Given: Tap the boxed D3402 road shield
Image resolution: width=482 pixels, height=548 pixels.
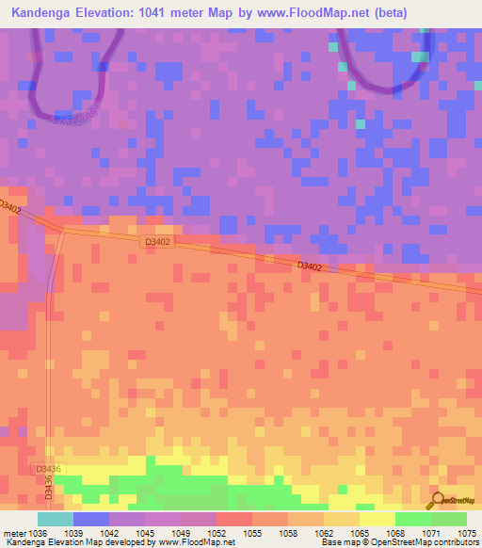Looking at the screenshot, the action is [x=156, y=242].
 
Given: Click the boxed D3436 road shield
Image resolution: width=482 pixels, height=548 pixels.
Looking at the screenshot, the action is [x=49, y=469].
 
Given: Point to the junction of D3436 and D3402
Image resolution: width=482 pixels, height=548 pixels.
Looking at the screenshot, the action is [x=63, y=227].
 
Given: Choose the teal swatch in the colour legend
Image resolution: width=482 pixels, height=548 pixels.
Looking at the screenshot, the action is [x=55, y=519].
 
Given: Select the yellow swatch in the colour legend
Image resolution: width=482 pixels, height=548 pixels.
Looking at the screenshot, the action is [x=377, y=519].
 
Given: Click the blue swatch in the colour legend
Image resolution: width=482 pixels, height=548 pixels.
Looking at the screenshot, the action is [x=90, y=519].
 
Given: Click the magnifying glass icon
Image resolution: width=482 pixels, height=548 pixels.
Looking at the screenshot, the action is [x=436, y=502].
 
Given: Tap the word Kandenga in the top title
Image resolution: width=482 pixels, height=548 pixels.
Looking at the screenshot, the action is [x=44, y=13].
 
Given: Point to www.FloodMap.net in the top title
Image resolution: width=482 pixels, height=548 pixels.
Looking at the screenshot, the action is [x=300, y=13].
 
